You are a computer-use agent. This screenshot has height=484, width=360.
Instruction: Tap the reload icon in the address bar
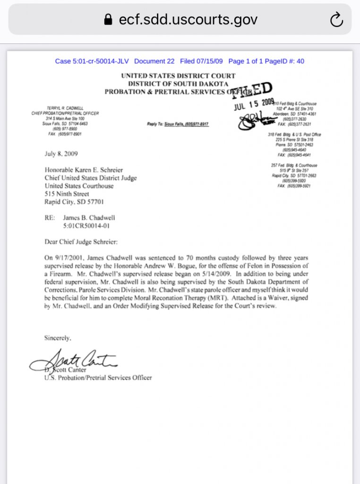pos(336,19)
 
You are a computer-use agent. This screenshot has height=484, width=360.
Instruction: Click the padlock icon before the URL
pos(108,19)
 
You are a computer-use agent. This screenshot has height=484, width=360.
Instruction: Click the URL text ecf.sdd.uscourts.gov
pos(188,19)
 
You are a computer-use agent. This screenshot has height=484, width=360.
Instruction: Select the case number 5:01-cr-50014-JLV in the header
pos(93,61)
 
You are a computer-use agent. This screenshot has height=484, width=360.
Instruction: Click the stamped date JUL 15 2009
pos(254,104)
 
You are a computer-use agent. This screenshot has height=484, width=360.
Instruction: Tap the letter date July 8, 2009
pos(61,154)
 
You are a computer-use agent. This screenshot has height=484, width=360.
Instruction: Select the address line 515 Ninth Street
pos(67,194)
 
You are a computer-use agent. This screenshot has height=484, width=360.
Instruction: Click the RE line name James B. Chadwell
pos(89,218)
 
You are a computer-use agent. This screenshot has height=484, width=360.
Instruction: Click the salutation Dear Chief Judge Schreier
pos(81,242)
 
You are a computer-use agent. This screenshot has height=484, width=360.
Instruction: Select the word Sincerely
pos(58,338)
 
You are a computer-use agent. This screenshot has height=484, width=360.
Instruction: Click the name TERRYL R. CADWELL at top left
pos(65,108)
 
